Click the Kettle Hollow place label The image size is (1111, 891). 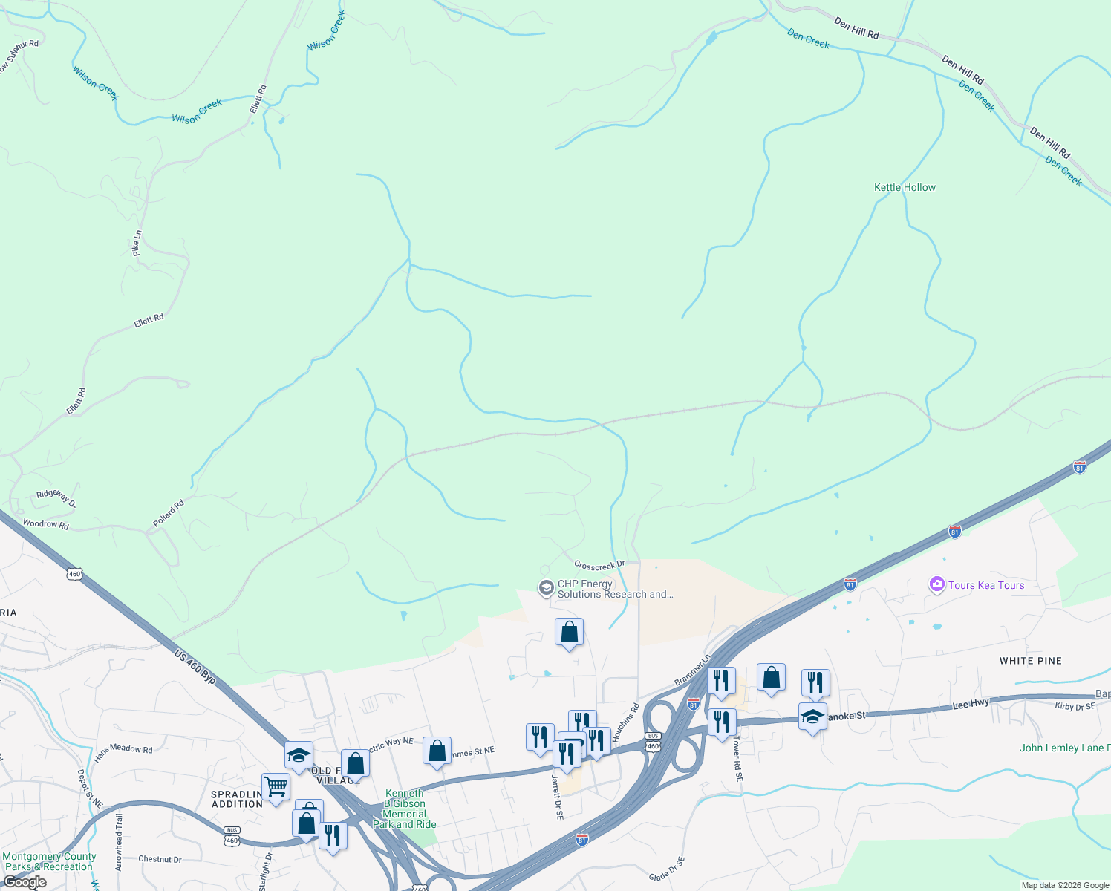pos(905,188)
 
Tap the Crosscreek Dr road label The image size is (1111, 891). pos(599,566)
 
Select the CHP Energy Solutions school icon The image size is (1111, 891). pos(546,589)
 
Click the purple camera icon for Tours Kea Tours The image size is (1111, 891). pos(936,585)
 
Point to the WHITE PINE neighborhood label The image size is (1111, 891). pos(1030,661)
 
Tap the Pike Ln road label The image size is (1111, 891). pos(137,244)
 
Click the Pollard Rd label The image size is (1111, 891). pos(169,514)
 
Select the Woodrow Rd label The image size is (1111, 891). pos(45,524)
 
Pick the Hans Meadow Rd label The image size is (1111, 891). pos(123,752)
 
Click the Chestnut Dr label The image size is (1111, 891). pos(160,859)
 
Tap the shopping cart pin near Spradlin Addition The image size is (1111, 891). pos(276,787)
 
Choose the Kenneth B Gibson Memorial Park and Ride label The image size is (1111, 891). pos(405,809)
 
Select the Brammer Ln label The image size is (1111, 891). pos(692,670)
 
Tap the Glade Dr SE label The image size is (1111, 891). pos(667,869)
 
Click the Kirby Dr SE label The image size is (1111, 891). pos(1075,706)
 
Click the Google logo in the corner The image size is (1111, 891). pos(25,882)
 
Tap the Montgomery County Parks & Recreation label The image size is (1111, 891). pos(49,861)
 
